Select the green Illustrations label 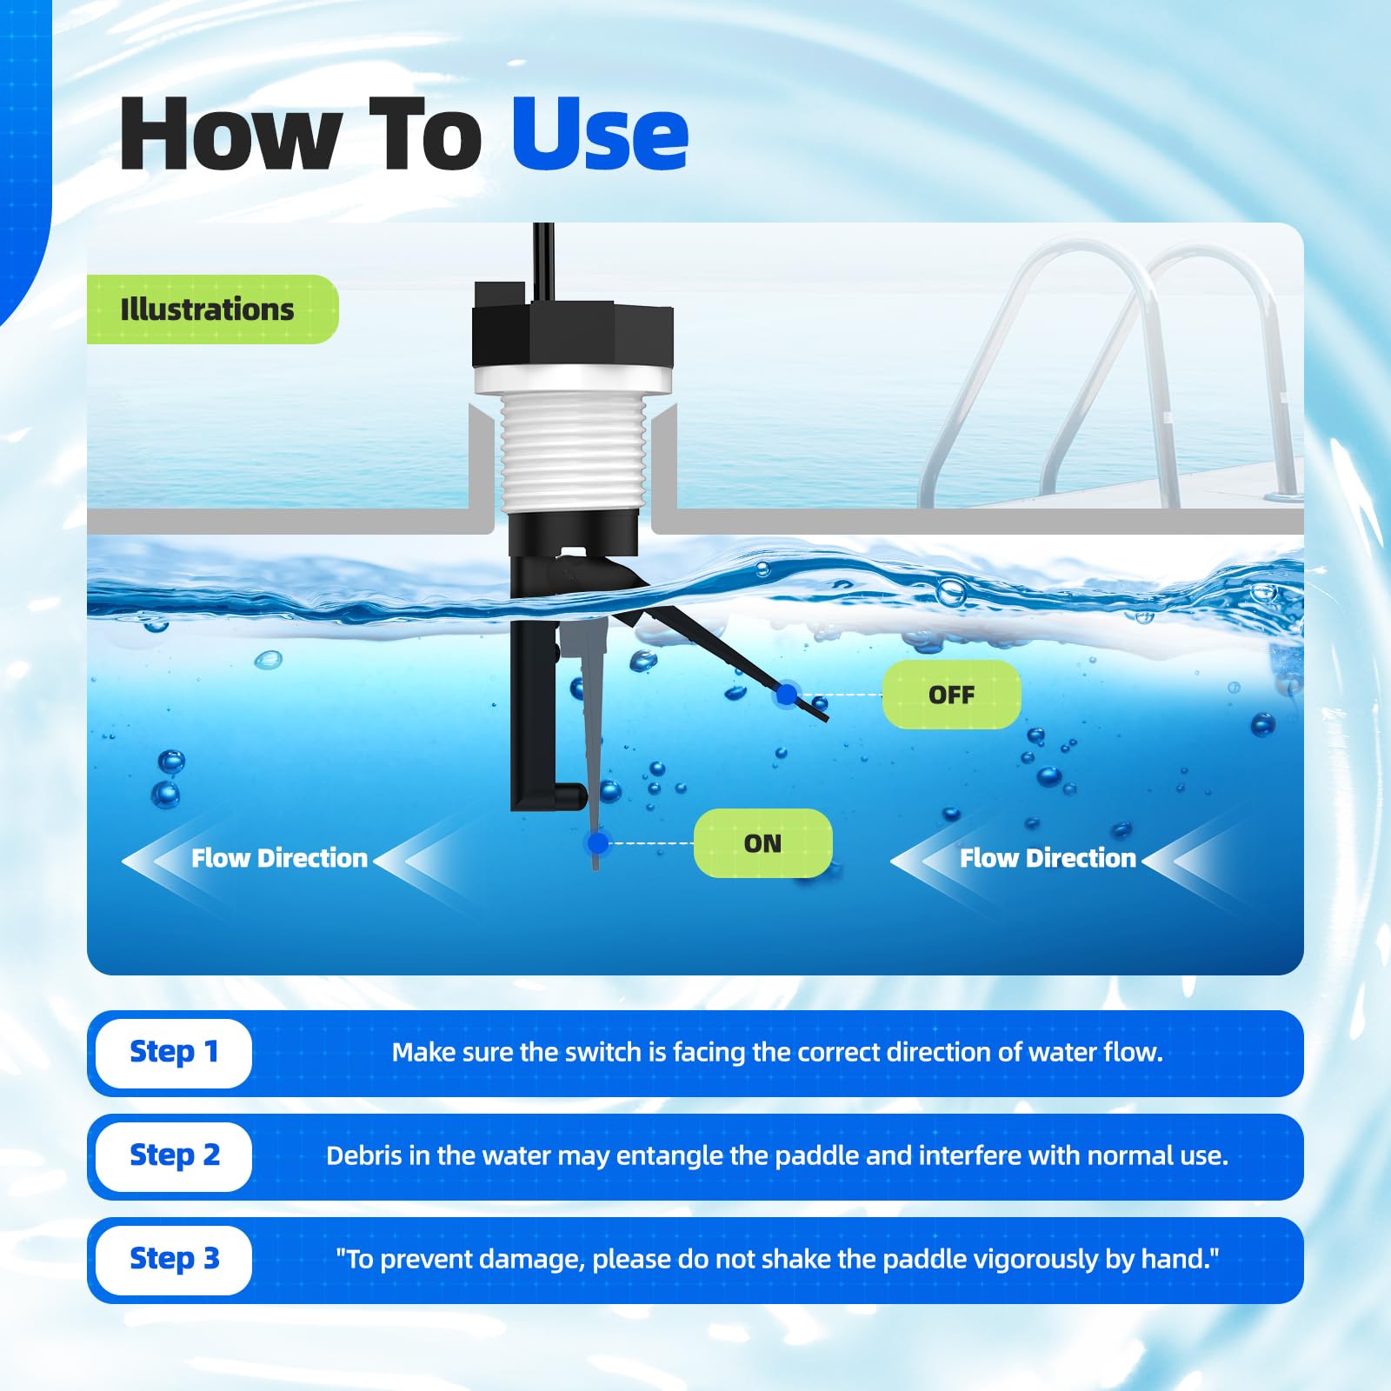tap(212, 309)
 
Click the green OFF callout tap(951, 695)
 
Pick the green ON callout tap(762, 843)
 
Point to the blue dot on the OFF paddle tap(787, 695)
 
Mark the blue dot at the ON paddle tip tap(597, 842)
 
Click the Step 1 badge tap(174, 1053)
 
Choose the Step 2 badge tap(174, 1156)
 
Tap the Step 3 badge tap(174, 1260)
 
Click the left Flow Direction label tap(279, 858)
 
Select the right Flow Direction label tap(1048, 858)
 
